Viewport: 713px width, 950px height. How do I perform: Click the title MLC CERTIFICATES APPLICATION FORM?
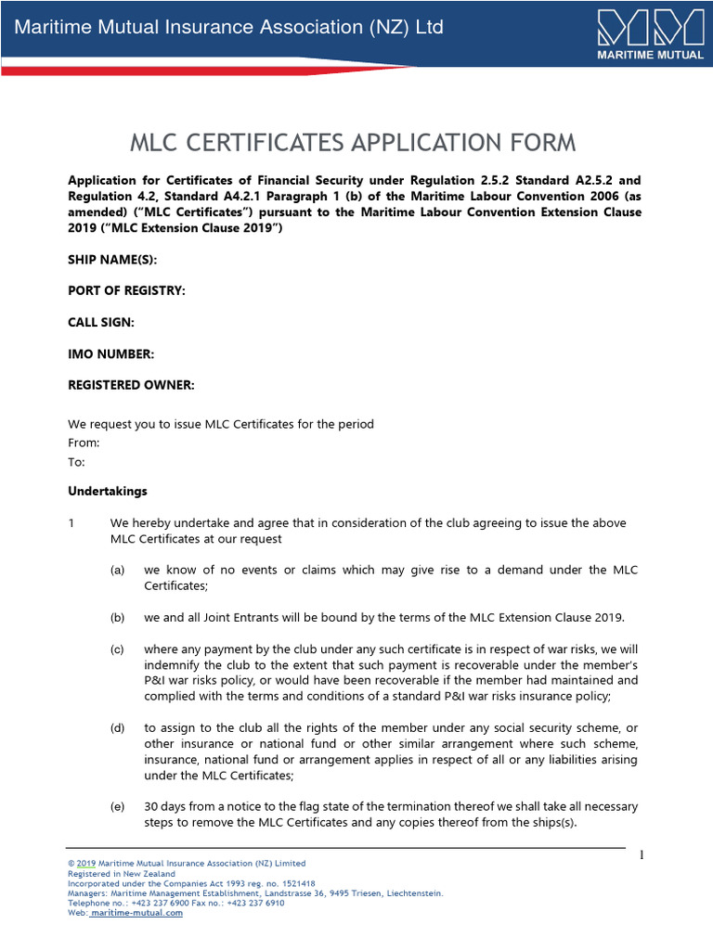point(352,143)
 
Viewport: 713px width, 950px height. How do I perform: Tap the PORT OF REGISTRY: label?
point(126,291)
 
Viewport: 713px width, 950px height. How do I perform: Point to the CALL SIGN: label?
point(101,322)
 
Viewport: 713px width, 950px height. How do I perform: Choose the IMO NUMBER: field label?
point(110,353)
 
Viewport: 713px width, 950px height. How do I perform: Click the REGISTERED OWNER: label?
point(131,385)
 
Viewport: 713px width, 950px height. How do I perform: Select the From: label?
point(84,443)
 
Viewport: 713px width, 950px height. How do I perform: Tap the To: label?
point(76,462)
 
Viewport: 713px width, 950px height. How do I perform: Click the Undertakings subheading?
point(107,491)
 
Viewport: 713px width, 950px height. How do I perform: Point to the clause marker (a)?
point(117,570)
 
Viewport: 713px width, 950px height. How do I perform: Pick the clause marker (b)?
point(117,617)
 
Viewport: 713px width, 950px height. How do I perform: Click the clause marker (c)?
point(117,648)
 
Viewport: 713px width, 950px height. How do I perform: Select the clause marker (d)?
point(117,727)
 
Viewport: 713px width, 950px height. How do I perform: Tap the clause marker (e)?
point(117,806)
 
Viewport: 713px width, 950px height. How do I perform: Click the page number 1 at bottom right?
point(642,854)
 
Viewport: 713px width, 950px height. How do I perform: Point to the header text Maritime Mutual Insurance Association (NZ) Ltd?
point(228,27)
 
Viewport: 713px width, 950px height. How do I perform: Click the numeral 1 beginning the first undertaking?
point(71,522)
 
